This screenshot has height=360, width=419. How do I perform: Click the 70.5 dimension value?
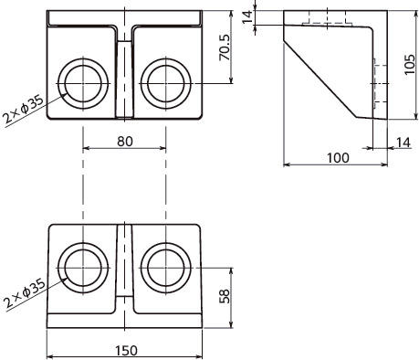[225, 48]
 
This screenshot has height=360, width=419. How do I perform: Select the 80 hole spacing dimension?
[125, 142]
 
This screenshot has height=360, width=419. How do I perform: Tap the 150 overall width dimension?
[126, 351]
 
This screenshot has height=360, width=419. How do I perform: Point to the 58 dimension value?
[225, 296]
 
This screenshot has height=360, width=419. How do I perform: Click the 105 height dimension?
[410, 64]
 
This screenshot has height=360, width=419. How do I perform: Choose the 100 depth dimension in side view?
[338, 158]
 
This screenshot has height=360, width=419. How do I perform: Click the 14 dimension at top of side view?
[247, 16]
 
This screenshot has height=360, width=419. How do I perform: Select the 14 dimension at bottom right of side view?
[403, 143]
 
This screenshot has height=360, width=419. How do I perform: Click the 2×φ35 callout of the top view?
[23, 109]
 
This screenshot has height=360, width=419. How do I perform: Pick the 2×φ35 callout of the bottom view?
[25, 293]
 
